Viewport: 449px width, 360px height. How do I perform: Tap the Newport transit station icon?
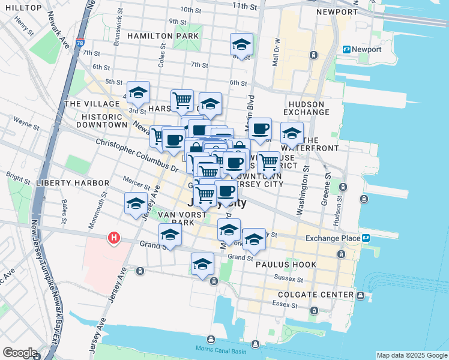pos(346,49)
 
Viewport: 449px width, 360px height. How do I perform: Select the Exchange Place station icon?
pos(366,238)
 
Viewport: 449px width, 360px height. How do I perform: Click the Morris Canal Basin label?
pos(220,350)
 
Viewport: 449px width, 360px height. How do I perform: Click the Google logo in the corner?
pos(20,353)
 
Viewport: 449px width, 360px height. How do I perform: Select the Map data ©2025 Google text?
pos(411,355)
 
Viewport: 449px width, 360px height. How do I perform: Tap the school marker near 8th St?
pos(241,44)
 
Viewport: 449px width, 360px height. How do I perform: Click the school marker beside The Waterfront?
pos(292,133)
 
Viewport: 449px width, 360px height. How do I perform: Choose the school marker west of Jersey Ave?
pos(136,203)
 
